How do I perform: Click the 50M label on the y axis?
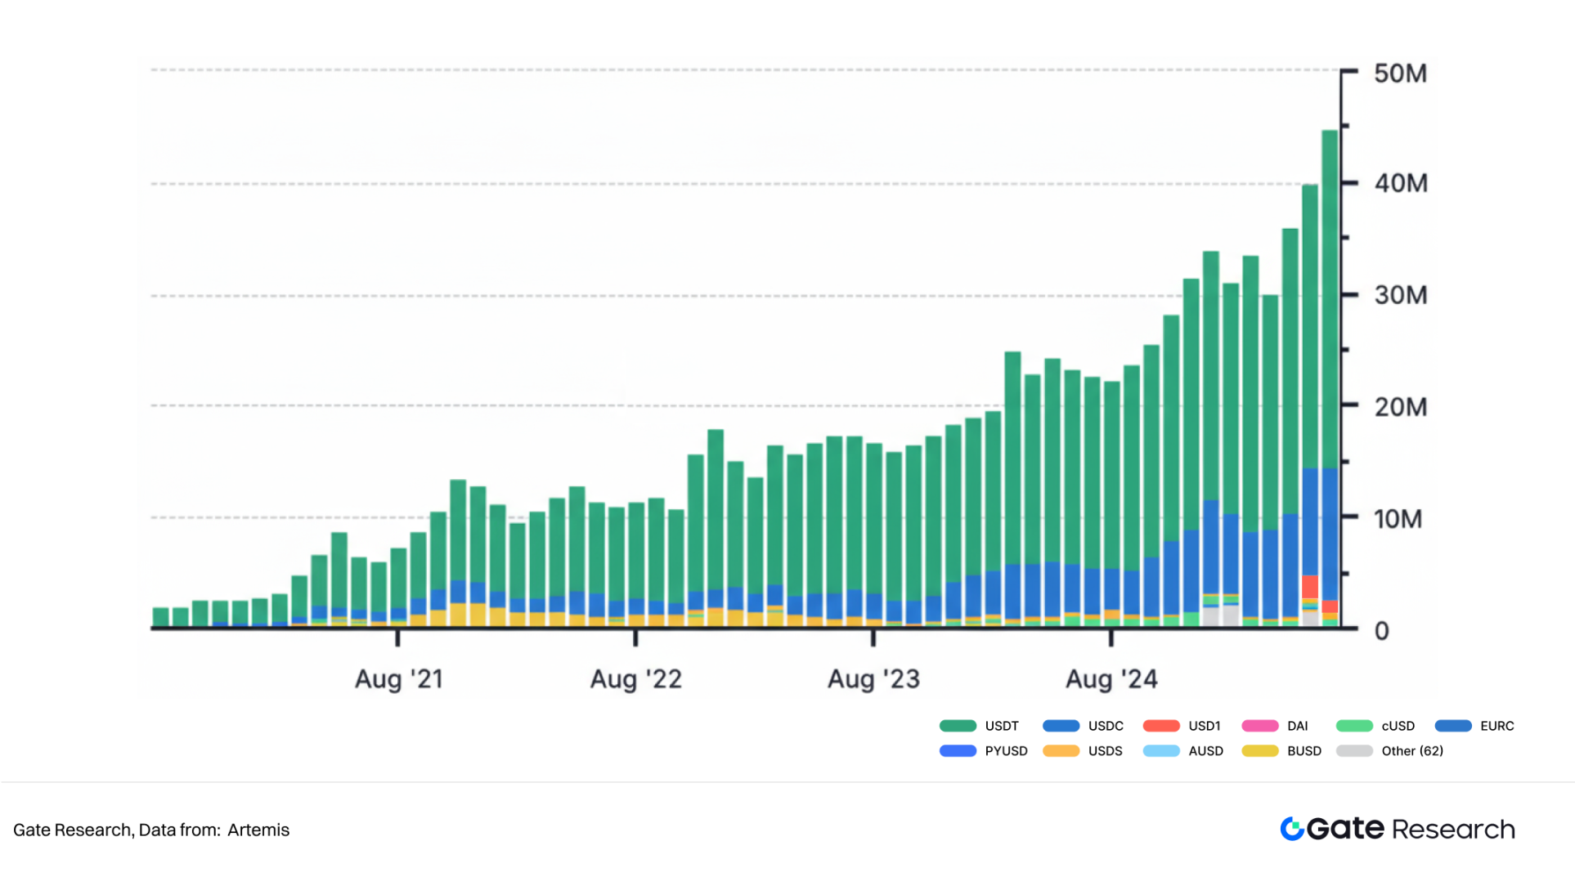click(1400, 74)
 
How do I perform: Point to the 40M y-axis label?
click(1400, 183)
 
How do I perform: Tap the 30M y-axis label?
click(1400, 295)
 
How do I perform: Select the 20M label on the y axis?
click(1400, 407)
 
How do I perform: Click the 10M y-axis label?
click(1398, 519)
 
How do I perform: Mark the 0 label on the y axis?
click(1381, 631)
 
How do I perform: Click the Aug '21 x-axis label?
click(398, 679)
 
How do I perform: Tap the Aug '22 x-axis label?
click(635, 679)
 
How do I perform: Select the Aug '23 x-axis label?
click(873, 679)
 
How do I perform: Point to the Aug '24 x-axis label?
click(1111, 679)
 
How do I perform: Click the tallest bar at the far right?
click(1330, 327)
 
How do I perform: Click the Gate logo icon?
click(1292, 829)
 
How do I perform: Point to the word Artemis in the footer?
click(258, 830)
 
